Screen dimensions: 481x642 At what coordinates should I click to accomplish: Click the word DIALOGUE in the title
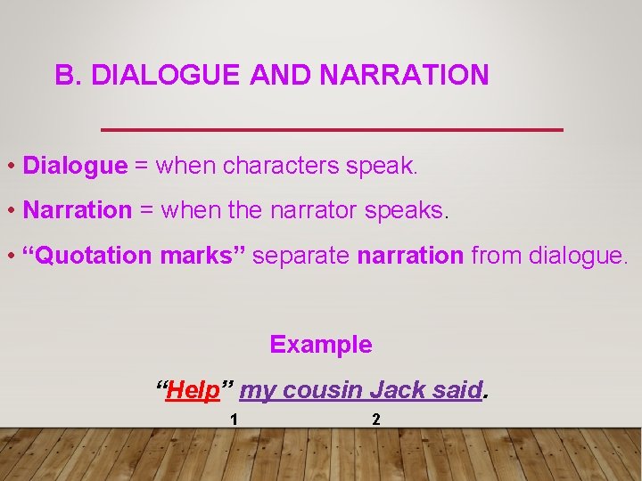(x=166, y=76)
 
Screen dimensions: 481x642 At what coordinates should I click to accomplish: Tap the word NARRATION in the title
(x=403, y=76)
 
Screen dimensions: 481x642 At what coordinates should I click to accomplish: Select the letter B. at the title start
(x=69, y=76)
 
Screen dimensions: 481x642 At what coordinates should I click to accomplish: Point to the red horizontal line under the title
(x=332, y=130)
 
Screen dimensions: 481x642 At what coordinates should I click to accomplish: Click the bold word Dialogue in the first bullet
(x=75, y=166)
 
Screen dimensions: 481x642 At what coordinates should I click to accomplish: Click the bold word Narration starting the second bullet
(x=77, y=210)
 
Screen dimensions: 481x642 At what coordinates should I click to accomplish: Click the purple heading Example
(x=321, y=345)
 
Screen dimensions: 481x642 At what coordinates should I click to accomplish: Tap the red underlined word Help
(x=193, y=390)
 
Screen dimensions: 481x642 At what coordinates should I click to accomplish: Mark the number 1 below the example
(x=233, y=420)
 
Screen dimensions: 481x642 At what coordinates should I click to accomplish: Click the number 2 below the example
(x=375, y=420)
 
